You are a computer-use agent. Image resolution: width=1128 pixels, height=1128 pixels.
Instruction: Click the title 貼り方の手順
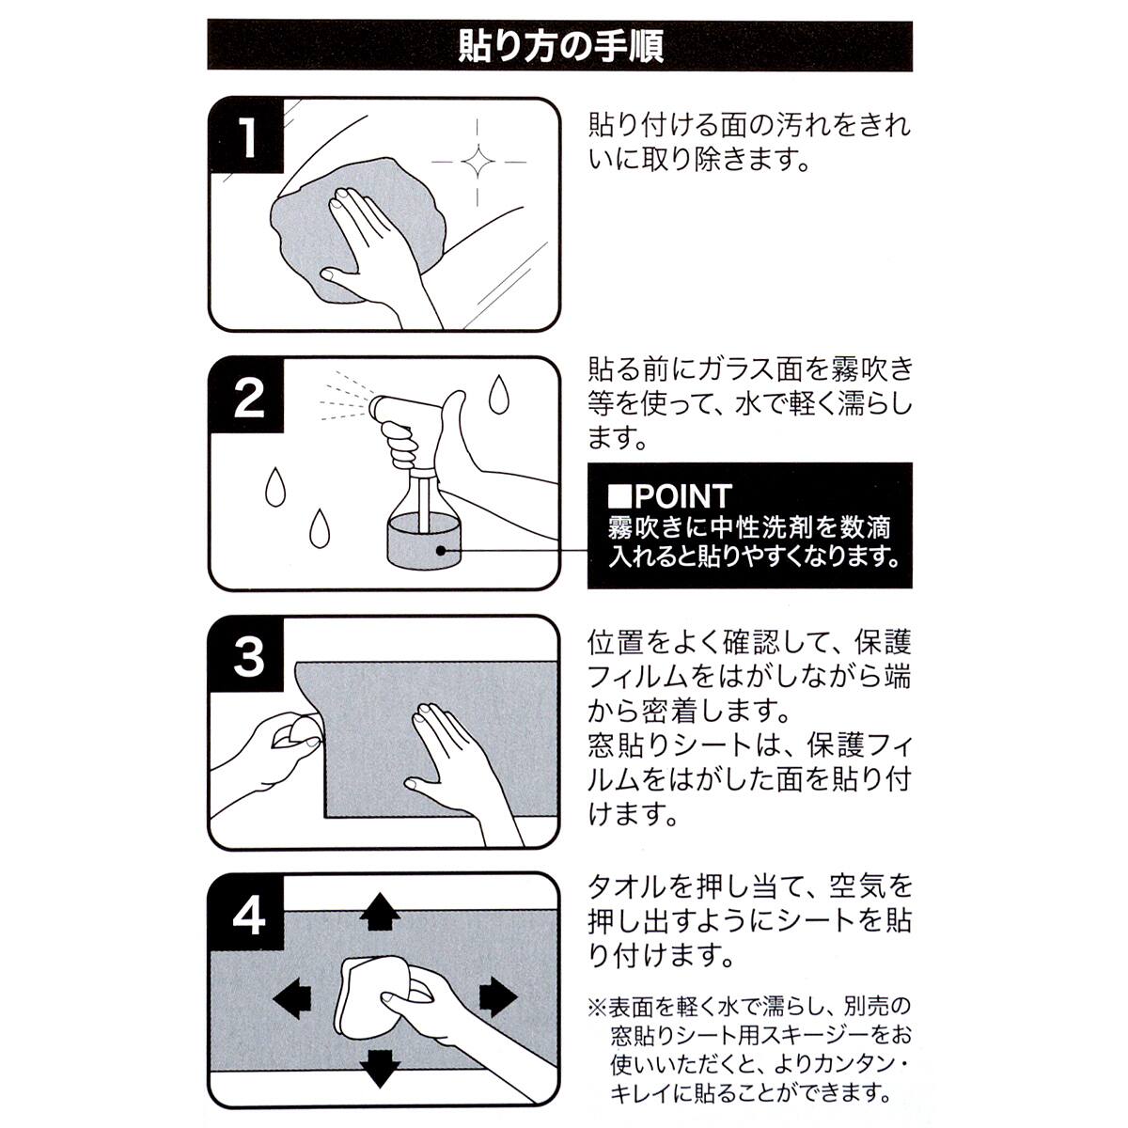[x=560, y=46]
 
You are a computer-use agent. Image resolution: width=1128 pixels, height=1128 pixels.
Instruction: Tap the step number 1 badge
[x=246, y=135]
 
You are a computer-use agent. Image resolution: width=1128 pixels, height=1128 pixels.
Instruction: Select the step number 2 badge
[x=246, y=396]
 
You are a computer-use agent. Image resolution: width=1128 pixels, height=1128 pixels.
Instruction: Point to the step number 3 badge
[x=246, y=655]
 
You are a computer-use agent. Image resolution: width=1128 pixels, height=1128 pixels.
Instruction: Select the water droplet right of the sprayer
[x=497, y=395]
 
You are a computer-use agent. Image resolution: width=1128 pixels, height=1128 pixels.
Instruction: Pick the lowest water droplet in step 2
[x=319, y=528]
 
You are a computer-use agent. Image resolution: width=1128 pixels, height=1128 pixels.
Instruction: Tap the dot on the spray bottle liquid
[x=441, y=550]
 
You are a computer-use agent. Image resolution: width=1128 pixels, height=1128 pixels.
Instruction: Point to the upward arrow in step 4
[x=380, y=912]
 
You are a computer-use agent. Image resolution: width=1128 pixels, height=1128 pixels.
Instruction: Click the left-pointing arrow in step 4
[x=292, y=997]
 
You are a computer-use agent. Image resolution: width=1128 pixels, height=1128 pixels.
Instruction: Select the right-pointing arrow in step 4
[x=498, y=996]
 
